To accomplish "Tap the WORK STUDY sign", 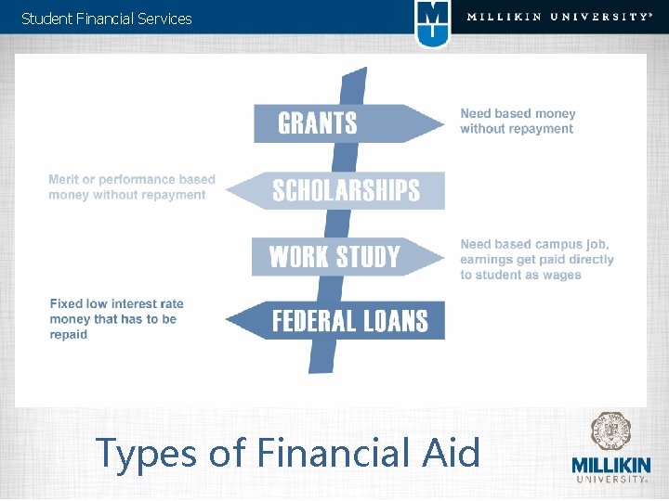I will tap(334, 256).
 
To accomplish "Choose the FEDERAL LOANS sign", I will tap(349, 321).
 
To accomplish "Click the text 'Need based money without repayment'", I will tap(518, 122).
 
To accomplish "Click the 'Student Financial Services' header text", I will tap(107, 19).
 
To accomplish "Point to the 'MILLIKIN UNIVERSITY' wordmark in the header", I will tap(557, 17).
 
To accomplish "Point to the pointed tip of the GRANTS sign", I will tap(439, 123).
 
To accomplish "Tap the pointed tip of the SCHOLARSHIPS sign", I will tap(232, 191).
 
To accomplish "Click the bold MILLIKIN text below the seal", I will tap(610, 466).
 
